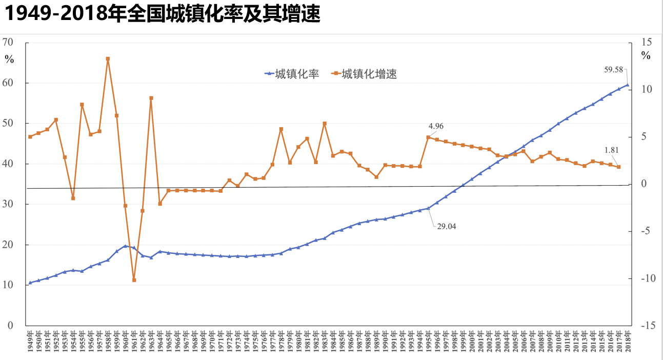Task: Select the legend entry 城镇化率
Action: coord(292,74)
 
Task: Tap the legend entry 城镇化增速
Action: coord(365,74)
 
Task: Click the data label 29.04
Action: coord(446,226)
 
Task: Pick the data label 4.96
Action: coord(436,126)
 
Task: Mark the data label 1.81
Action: coord(612,150)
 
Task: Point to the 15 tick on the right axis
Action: coord(646,42)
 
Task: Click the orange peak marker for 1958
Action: coord(108,59)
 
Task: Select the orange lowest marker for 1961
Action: coord(134,280)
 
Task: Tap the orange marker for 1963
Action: coord(151,98)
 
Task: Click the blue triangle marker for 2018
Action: coord(627,85)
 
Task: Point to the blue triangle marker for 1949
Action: coord(30,283)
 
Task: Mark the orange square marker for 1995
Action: coord(428,137)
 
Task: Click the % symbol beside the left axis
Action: coord(9,59)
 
